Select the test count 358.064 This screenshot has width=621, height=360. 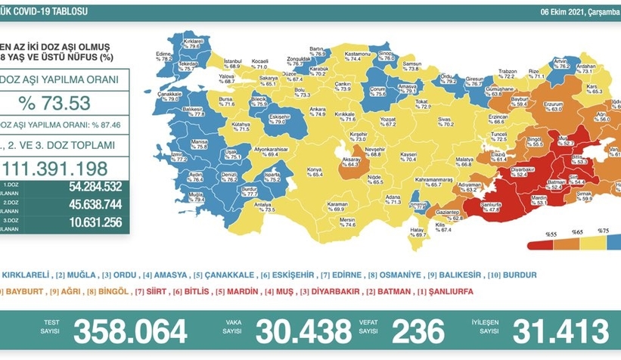(130, 331)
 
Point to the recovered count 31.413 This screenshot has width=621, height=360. (561, 331)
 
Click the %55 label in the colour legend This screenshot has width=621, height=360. (542, 230)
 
